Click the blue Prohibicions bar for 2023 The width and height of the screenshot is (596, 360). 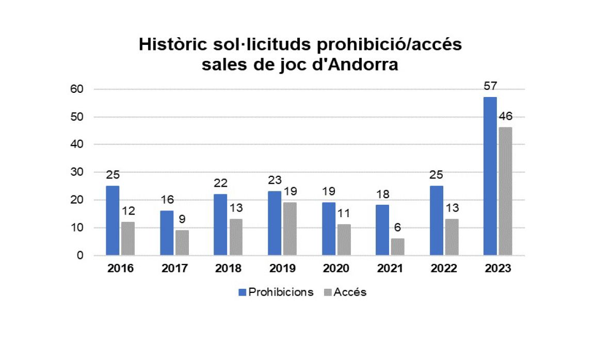pos(490,176)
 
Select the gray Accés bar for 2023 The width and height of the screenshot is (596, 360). pos(505,191)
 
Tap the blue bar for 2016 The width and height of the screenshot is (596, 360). pos(112,220)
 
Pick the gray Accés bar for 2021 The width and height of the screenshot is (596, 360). pos(397,247)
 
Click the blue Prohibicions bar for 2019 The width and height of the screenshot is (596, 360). pos(275,223)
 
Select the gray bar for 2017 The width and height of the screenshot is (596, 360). pos(182,242)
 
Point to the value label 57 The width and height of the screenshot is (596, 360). pos(490,86)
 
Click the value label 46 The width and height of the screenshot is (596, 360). pos(505,117)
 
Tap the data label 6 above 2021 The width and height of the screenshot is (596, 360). pos(397,227)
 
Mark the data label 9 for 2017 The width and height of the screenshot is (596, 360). pos(182,219)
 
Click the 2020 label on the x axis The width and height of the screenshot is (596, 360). pos(336,269)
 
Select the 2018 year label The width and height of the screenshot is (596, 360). pos(228,269)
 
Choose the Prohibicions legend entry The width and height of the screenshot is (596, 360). pos(276,292)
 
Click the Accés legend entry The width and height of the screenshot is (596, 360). pos(344,292)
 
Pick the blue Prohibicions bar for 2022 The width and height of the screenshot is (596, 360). pos(436,220)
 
